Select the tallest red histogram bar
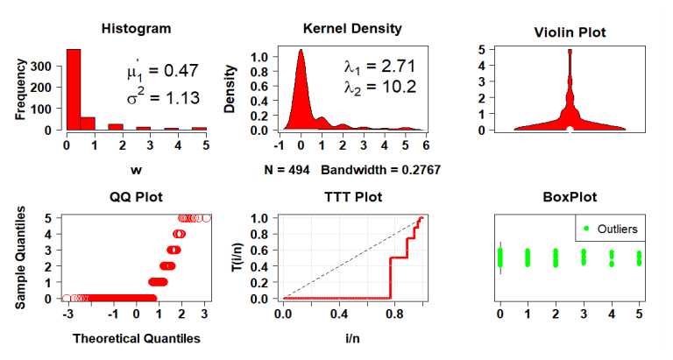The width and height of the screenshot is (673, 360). pyautogui.click(x=73, y=89)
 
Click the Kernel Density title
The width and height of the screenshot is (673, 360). pyautogui.click(x=351, y=29)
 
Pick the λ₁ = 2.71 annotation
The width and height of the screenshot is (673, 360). pyautogui.click(x=379, y=66)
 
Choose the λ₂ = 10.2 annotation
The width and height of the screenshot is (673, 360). pyautogui.click(x=379, y=87)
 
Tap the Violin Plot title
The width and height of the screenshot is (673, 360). pyautogui.click(x=570, y=33)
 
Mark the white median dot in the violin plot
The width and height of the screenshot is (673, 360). pyautogui.click(x=570, y=131)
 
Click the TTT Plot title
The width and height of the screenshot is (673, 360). pyautogui.click(x=352, y=197)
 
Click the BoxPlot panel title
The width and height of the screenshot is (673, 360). pyautogui.click(x=570, y=197)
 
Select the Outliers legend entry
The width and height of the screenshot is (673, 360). pyautogui.click(x=611, y=229)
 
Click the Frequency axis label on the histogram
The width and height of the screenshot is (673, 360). pyautogui.click(x=20, y=88)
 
